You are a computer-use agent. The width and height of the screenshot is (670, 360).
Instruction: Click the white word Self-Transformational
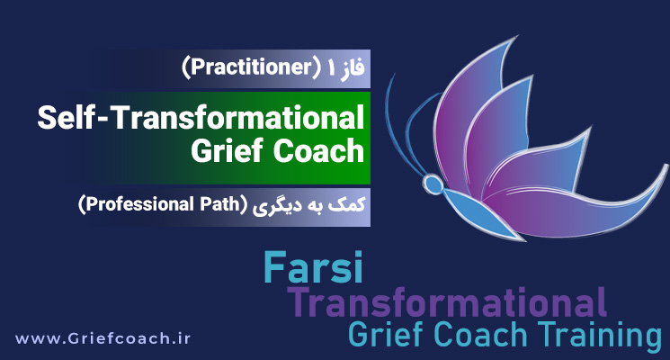202,118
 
